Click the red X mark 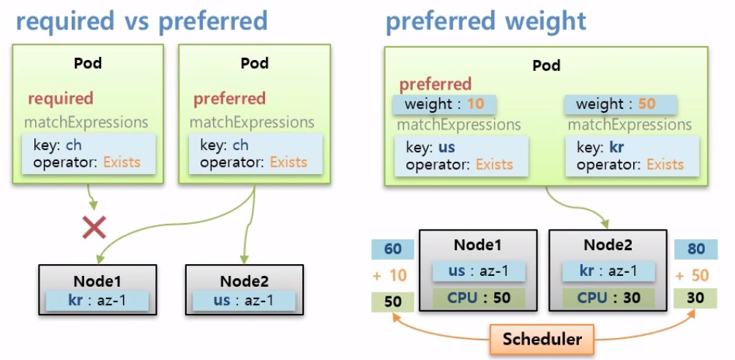point(94,228)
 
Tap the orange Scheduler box point(542,339)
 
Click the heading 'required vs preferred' point(141,20)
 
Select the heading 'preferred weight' point(486,20)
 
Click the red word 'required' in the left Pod point(61,98)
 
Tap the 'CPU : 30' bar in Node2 point(607,298)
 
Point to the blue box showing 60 point(393,250)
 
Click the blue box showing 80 point(695,250)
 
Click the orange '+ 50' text point(695,275)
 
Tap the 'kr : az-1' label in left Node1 point(97,301)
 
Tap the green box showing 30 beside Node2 point(695,299)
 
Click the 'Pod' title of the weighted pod point(546,66)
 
